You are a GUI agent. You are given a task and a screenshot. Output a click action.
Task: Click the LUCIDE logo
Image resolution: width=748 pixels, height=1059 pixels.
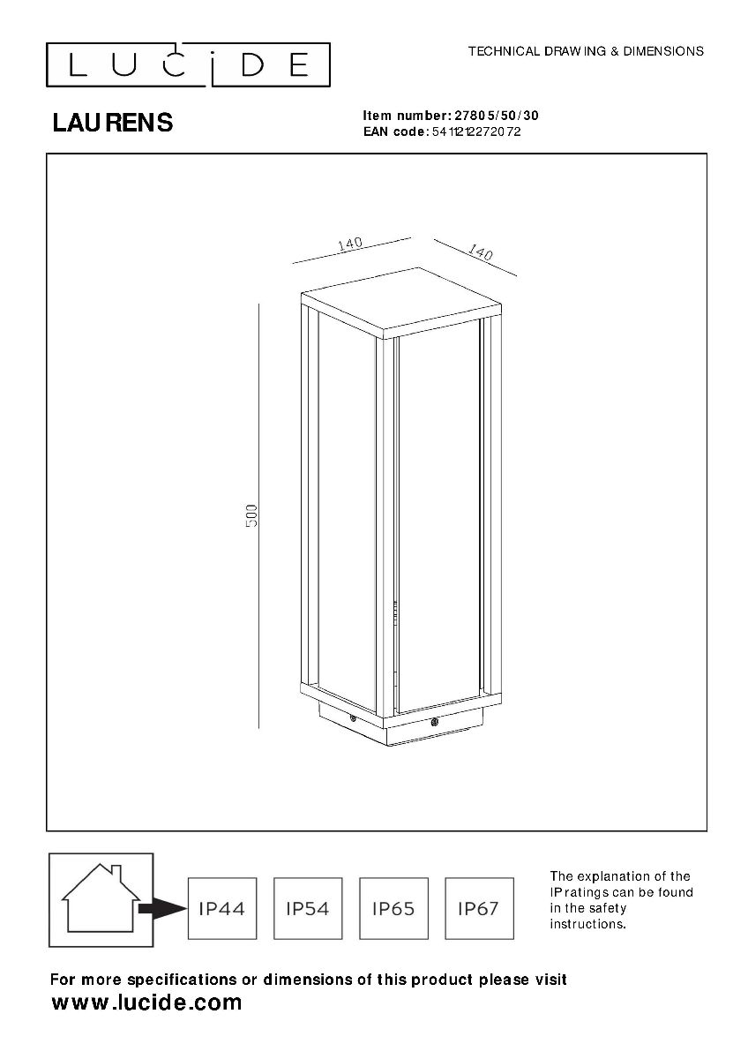click(188, 64)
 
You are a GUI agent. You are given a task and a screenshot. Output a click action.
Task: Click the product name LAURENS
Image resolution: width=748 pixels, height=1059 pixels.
click(112, 123)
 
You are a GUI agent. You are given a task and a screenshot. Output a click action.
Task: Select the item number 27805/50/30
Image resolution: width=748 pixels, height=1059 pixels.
click(496, 116)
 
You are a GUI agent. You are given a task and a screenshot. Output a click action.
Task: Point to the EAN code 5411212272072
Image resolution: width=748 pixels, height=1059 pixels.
click(476, 131)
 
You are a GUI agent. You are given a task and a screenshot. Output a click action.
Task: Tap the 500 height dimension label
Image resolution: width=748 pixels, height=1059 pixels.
click(252, 515)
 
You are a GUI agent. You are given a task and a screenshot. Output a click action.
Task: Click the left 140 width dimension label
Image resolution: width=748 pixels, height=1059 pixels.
click(350, 244)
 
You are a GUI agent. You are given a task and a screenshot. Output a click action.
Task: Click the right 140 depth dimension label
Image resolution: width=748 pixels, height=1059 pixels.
click(481, 252)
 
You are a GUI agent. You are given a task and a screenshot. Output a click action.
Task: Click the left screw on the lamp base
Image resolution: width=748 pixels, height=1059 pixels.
click(353, 717)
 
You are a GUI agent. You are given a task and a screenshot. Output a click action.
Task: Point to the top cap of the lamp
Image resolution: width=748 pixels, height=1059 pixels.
click(401, 303)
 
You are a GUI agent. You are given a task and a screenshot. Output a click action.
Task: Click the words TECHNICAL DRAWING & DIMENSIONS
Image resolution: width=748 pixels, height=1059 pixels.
click(586, 51)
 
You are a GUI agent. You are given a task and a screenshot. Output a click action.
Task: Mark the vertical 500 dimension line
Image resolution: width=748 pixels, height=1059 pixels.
click(259, 515)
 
